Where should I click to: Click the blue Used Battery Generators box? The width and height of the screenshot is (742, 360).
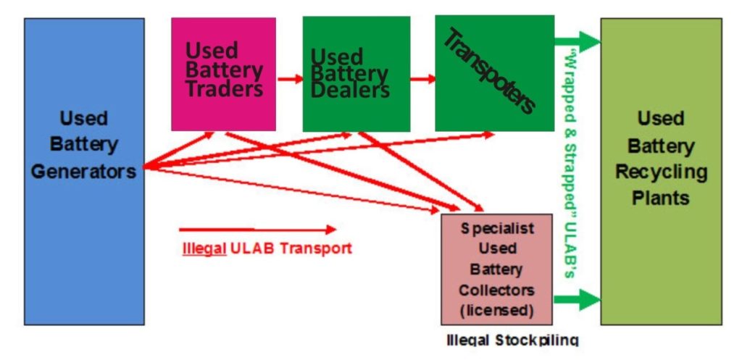[84, 171]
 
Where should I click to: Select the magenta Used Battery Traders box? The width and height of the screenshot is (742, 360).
[223, 75]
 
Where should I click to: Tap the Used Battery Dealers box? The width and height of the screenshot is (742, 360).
[357, 75]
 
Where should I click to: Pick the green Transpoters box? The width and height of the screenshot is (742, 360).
[494, 73]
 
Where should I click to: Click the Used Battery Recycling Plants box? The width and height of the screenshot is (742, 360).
[661, 171]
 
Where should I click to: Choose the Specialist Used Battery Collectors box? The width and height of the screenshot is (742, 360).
[496, 269]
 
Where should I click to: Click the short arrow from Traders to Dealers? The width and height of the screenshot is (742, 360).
[290, 78]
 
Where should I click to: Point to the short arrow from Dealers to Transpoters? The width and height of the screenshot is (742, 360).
[423, 78]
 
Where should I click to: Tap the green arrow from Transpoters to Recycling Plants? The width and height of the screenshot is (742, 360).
[578, 41]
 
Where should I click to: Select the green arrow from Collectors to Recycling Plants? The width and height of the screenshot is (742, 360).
[577, 299]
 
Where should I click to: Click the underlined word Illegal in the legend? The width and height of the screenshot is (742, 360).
[204, 248]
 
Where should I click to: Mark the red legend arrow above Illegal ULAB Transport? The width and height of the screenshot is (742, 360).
[257, 230]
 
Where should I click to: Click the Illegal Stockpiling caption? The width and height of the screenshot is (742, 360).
[512, 340]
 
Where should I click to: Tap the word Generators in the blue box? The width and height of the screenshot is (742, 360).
[84, 171]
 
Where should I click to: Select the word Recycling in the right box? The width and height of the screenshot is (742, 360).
[661, 171]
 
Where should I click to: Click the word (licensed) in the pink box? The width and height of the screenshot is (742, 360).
[496, 311]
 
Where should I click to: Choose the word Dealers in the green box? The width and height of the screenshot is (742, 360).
[351, 90]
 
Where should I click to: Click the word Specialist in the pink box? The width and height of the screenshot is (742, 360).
[497, 228]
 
